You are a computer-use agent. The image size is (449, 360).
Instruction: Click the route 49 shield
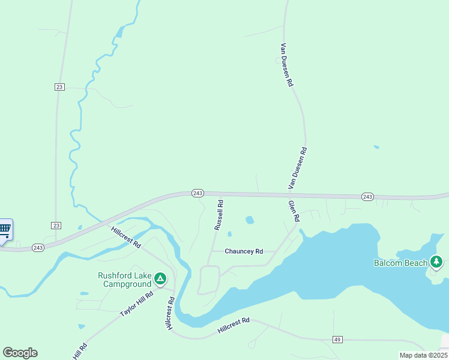pos(337,340)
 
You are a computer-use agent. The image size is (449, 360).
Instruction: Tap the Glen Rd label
pos(294,211)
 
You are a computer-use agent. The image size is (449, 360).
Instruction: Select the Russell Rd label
pos(219,215)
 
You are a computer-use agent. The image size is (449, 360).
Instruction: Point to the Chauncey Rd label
pos(244,251)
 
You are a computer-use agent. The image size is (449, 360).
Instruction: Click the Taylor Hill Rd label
pos(137,304)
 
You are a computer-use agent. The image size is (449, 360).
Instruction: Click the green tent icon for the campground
pos(160,279)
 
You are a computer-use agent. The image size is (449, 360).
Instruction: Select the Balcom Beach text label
pos(400,263)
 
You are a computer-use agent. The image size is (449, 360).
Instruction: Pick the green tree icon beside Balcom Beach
pos(436,262)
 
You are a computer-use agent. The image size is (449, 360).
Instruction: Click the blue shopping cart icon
pos(5,229)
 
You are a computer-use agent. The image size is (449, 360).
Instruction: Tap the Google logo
pos(20,353)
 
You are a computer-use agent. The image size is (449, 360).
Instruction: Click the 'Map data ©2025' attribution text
pos(423,355)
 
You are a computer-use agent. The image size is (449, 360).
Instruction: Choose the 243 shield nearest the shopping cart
pos(38,247)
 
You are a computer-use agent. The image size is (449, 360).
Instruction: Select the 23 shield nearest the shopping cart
pos(56,225)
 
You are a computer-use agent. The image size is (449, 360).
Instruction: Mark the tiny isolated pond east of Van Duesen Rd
pos(376,146)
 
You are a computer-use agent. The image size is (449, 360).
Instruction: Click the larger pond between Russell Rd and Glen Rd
pos(250,220)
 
